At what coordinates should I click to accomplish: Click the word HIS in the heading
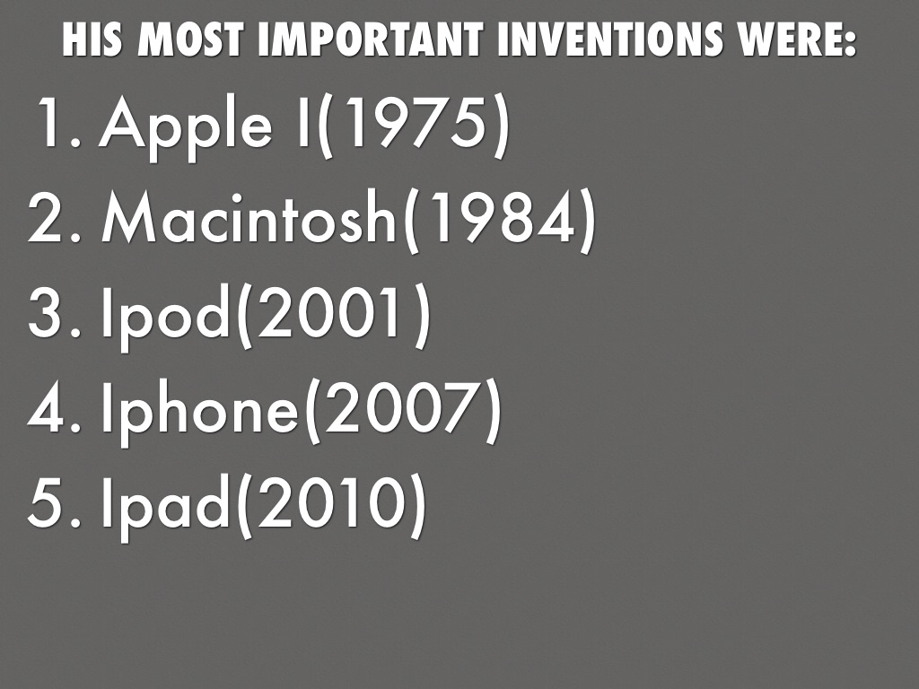[92, 39]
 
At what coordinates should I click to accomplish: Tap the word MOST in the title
[190, 39]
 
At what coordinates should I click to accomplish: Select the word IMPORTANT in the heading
[371, 39]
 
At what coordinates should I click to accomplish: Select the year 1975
[409, 122]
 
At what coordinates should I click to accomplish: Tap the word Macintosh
[249, 216]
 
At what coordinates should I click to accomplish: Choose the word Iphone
[200, 410]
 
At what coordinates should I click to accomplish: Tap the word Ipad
[165, 505]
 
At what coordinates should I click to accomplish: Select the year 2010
[329, 501]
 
